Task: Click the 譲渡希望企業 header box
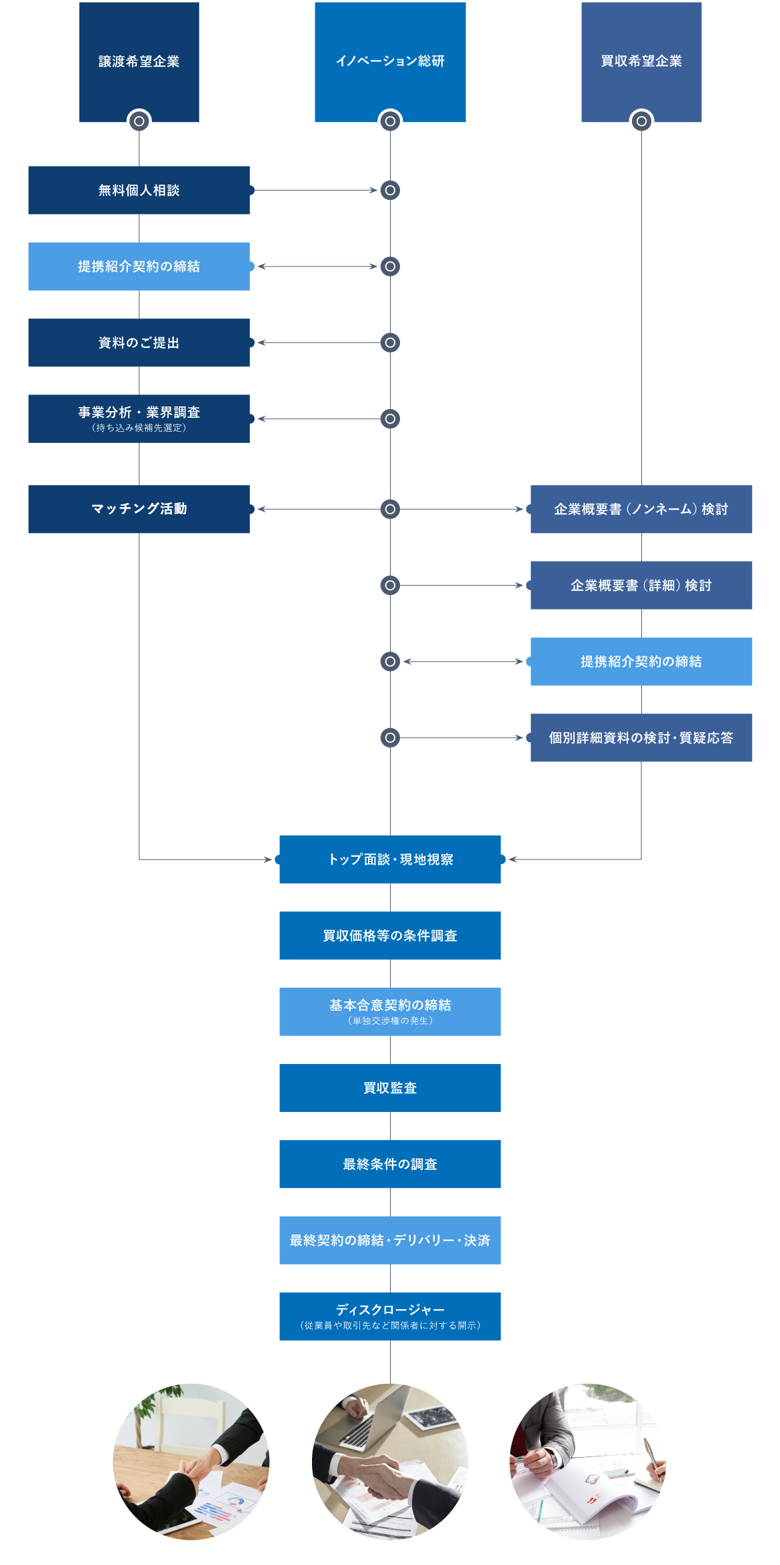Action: [139, 61]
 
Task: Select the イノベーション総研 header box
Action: [390, 61]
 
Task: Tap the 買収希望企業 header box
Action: [641, 61]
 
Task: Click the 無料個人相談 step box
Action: [139, 191]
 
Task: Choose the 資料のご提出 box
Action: [139, 342]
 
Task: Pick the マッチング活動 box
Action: [139, 509]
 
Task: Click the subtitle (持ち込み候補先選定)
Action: [139, 428]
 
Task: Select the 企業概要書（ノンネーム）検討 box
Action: [641, 509]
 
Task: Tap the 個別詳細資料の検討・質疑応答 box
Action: [641, 738]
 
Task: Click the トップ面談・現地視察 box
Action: [390, 859]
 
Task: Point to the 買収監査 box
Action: [390, 1088]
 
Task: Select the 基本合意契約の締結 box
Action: [390, 1011]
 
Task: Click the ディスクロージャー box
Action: [390, 1316]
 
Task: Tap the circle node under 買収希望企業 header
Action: [641, 121]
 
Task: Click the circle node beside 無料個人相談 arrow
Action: [390, 191]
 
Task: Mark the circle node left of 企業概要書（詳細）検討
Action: [390, 585]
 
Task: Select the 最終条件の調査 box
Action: [390, 1164]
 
